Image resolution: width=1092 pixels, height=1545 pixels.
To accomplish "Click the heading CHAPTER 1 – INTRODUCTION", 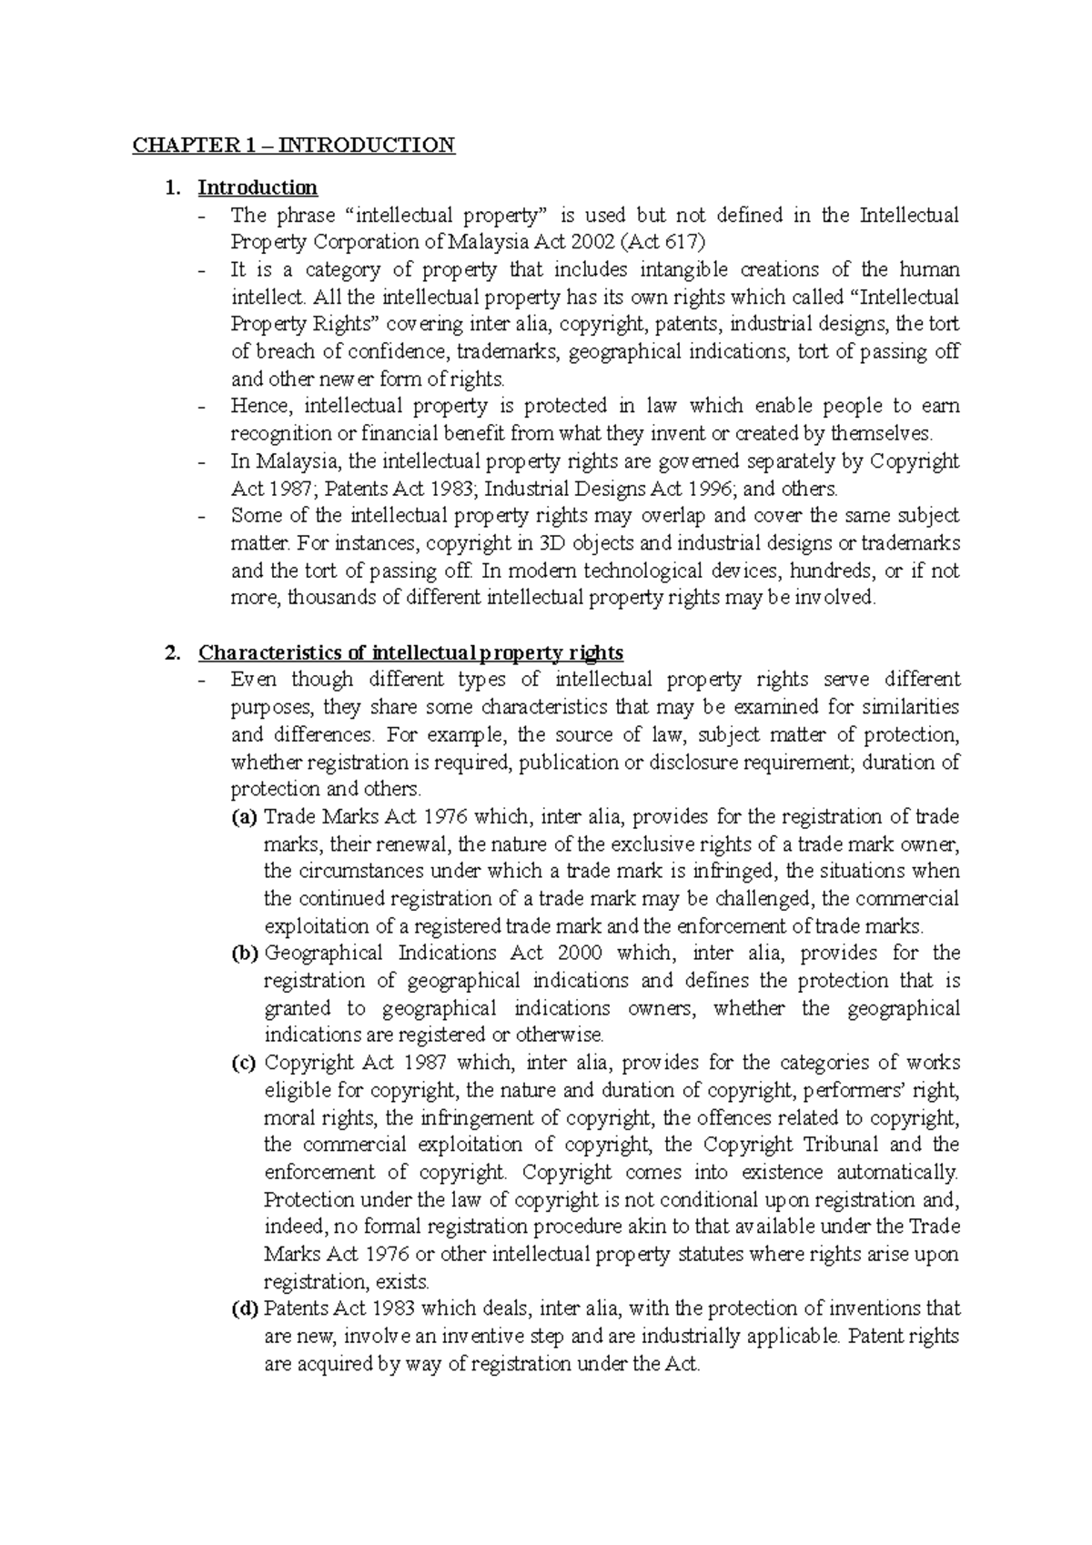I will click(294, 146).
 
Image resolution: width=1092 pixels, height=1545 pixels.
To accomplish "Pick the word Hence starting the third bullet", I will click(258, 406).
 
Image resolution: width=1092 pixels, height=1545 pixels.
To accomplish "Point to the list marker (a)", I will click(245, 817).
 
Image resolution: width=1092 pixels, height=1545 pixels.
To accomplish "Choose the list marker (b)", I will click(245, 954).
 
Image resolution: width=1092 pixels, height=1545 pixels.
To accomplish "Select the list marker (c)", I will click(245, 1063).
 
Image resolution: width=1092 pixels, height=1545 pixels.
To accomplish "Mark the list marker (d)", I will click(245, 1309).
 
